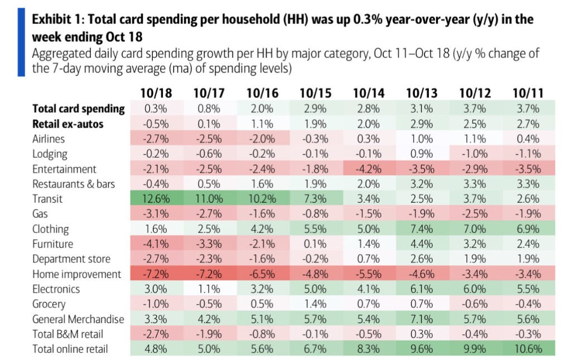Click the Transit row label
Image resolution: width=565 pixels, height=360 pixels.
click(x=48, y=199)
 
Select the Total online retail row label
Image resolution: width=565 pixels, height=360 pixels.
click(x=71, y=349)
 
